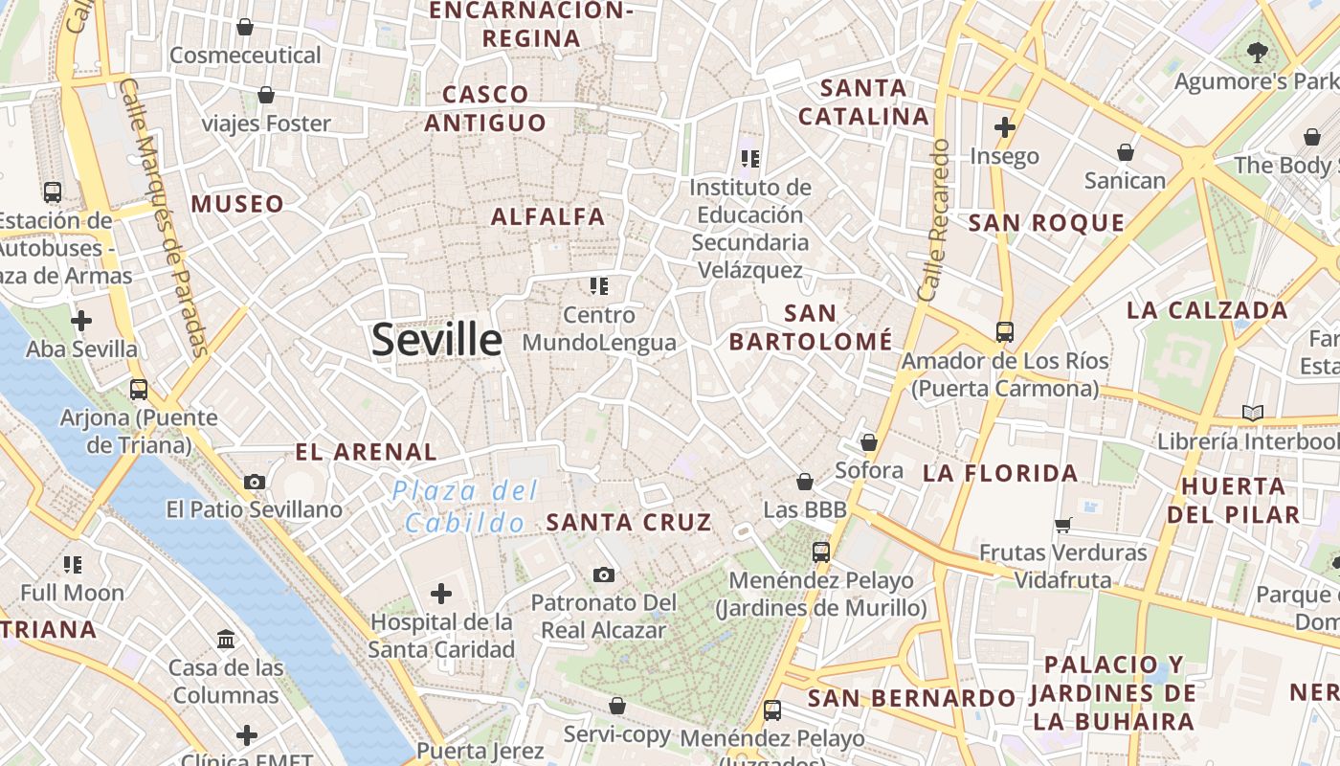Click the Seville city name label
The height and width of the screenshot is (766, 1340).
click(436, 340)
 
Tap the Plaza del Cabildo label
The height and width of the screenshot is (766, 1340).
click(465, 507)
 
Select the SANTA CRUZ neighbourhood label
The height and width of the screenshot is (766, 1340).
click(629, 522)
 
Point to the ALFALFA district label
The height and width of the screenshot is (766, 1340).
click(548, 216)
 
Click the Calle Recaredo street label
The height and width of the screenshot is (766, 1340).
click(933, 220)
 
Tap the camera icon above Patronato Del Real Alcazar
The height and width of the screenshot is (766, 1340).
click(603, 574)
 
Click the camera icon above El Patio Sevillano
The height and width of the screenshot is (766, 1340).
click(254, 482)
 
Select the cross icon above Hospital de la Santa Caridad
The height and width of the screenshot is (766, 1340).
click(441, 594)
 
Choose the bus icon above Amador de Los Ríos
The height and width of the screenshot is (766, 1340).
click(1004, 332)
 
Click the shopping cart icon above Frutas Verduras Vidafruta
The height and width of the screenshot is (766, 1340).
click(1062, 525)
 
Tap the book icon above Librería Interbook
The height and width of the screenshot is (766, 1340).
click(1252, 414)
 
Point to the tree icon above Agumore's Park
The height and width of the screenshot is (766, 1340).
click(1257, 53)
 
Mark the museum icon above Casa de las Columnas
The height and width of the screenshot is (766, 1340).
click(227, 639)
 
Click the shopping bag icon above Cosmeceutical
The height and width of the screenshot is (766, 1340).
click(245, 27)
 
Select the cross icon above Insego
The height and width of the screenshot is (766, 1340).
click(1004, 126)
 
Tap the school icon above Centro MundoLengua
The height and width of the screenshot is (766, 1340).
click(599, 285)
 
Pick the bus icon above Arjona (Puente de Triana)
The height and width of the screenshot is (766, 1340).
click(139, 390)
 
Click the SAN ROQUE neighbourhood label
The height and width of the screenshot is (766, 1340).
click(1046, 223)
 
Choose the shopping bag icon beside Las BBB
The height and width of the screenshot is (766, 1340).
click(805, 481)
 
